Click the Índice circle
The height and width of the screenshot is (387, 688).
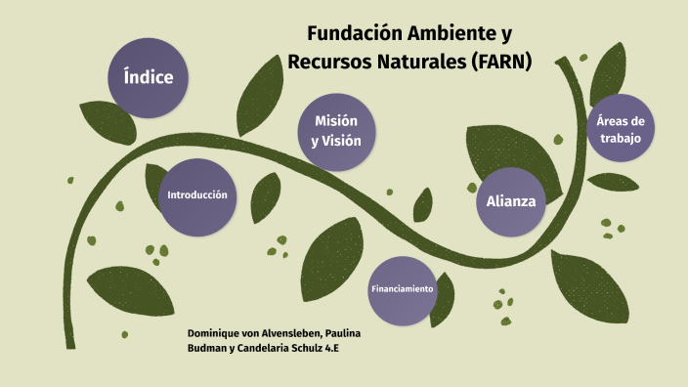coord(149,76)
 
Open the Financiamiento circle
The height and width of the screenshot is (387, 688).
coord(402,290)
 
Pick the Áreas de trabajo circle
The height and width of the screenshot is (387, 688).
coord(621,130)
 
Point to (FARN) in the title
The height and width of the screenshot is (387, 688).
coord(501,61)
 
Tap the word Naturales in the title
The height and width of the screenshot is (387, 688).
coord(416,61)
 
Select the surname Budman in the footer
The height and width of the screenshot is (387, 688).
coord(206,347)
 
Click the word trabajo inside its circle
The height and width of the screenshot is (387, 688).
coord(621,139)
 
